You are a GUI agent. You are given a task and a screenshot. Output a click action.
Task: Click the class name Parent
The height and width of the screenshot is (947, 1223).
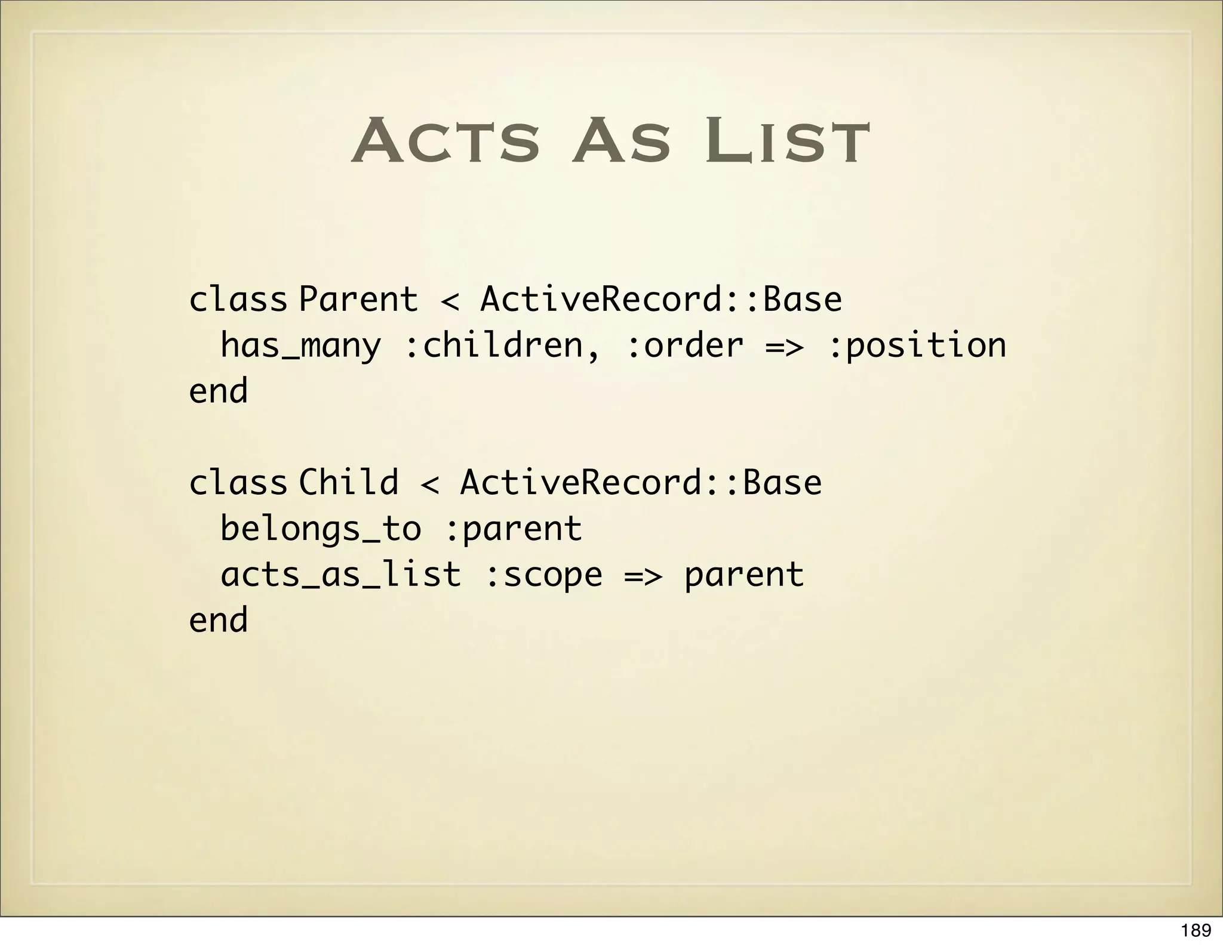[358, 299]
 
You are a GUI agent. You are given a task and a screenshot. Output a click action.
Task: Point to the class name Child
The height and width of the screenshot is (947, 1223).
[349, 482]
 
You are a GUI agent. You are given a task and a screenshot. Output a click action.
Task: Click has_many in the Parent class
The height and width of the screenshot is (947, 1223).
[300, 346]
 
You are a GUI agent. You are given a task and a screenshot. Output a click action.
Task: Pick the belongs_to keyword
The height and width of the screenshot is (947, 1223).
[321, 529]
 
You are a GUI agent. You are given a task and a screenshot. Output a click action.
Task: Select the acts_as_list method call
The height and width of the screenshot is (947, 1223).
[341, 575]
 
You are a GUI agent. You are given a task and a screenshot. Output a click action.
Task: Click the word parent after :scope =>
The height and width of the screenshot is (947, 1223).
[744, 575]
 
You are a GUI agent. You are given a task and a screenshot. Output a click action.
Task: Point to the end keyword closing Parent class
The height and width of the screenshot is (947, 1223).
[219, 391]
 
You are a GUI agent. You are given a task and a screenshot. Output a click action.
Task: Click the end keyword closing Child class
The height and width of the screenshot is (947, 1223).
[219, 621]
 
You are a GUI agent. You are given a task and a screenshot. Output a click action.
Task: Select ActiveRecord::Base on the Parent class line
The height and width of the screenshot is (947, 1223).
[661, 299]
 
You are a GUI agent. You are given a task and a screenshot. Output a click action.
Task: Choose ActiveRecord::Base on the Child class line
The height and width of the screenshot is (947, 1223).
[641, 482]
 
